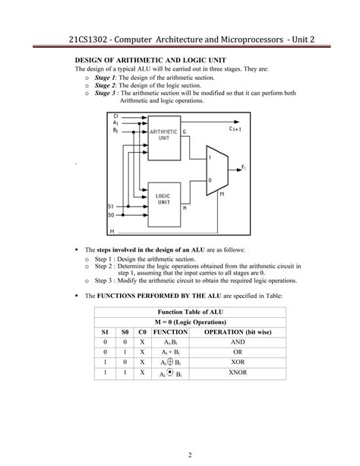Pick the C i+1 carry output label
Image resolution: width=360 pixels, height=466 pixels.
(x=235, y=130)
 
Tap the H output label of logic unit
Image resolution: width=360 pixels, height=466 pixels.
(x=185, y=207)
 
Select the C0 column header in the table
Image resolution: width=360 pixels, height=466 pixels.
(x=142, y=331)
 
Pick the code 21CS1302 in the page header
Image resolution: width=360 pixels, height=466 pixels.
(x=91, y=37)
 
